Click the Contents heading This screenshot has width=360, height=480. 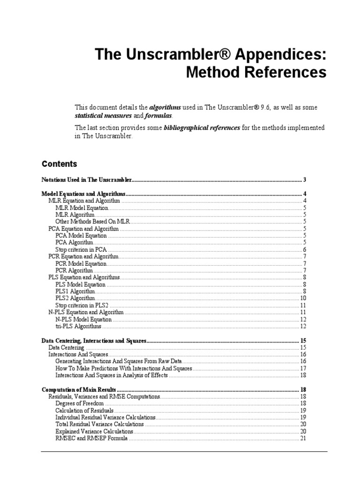click(x=60, y=164)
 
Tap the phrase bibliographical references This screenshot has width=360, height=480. click(x=202, y=127)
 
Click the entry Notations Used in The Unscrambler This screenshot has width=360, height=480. click(x=87, y=180)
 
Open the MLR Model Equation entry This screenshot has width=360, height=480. click(x=82, y=208)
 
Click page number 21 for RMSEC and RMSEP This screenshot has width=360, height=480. click(x=303, y=438)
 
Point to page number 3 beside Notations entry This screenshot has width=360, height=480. click(x=305, y=180)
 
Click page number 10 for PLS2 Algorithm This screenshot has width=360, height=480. click(x=303, y=298)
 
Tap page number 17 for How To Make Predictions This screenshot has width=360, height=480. click(x=303, y=368)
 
